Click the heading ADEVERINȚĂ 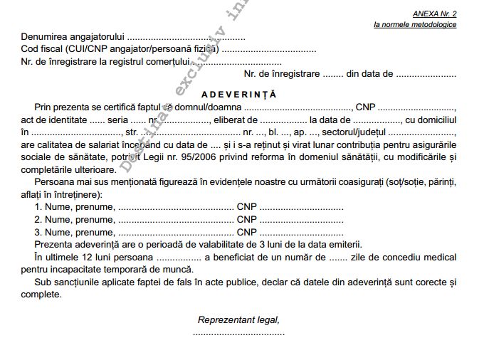[238, 94]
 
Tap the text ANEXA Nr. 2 [434, 14]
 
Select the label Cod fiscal [43, 50]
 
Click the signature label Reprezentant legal [238, 319]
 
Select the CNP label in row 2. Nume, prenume [247, 219]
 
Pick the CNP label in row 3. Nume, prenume [247, 232]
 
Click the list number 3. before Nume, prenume [38, 232]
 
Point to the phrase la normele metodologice [415, 25]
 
